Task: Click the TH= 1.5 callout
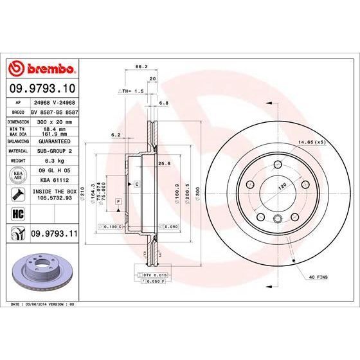pos(131,92)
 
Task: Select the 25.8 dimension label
pos(163,164)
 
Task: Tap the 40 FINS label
pos(319,277)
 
